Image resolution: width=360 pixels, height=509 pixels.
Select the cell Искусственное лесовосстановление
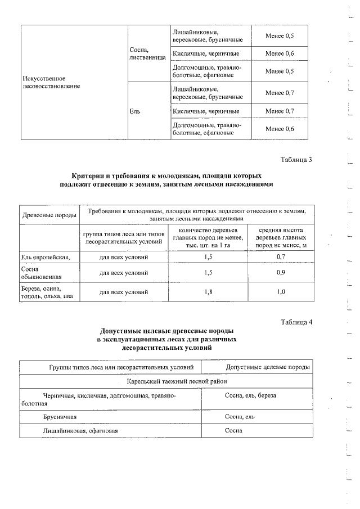point(48,82)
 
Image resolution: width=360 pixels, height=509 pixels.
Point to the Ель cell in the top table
point(134,111)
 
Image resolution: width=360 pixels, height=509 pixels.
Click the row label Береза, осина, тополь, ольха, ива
point(47,292)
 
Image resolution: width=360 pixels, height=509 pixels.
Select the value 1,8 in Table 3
point(208,292)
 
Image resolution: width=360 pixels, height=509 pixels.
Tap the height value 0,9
point(282,274)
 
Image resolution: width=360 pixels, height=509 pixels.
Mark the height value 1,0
point(282,292)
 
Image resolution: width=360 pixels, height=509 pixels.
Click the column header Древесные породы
point(48,215)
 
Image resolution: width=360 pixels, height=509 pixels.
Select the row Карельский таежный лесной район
point(166,381)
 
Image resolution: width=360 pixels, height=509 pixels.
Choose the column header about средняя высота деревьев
point(282,238)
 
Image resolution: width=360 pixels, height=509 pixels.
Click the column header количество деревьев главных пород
point(208,238)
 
